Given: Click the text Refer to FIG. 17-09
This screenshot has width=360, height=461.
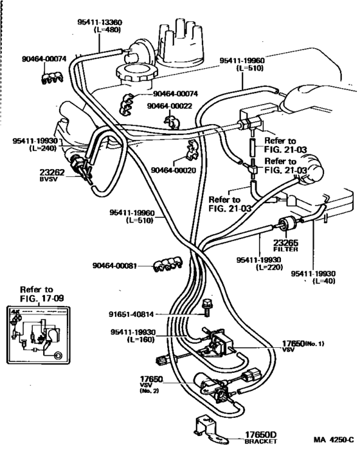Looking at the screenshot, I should [36, 294].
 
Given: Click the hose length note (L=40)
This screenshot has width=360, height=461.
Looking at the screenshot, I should [328, 281].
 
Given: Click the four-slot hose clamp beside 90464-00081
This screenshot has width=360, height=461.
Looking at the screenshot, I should [168, 262].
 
